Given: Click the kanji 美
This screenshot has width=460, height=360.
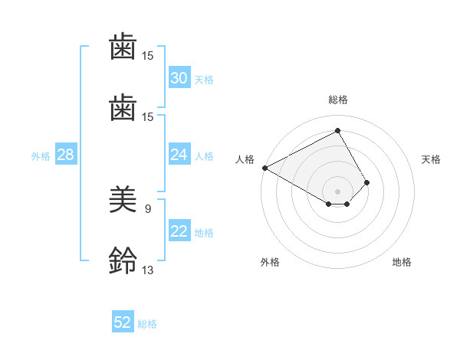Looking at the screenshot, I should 123,200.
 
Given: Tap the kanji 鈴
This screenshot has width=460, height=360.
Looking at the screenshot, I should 123,260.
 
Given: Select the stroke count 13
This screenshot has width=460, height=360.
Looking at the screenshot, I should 147,270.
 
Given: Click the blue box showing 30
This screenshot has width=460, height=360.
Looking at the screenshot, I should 179,78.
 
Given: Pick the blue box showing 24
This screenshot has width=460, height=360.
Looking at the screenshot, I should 179,155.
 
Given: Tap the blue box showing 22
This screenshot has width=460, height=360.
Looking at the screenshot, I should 179,232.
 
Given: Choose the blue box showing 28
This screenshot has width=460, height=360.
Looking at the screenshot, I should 65,155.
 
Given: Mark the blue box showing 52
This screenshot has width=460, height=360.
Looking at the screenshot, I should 123,322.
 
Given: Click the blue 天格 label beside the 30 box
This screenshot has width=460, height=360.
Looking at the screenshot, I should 204,79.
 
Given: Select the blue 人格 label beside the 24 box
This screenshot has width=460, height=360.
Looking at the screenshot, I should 204,155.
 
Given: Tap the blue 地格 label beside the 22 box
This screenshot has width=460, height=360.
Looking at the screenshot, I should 204,233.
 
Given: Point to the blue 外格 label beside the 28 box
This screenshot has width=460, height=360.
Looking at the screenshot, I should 41,155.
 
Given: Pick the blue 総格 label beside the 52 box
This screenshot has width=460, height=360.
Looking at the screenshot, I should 147,323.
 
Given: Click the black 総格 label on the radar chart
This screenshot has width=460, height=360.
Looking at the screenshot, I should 338,100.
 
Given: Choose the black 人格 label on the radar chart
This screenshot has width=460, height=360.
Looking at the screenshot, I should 245,159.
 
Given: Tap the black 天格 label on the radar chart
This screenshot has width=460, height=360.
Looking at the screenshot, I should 432,159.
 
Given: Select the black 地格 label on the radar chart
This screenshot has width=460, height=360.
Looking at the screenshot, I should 402,262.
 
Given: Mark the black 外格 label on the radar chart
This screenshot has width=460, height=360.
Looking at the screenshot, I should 270,262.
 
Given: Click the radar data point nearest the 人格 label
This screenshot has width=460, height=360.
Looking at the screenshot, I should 264,168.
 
